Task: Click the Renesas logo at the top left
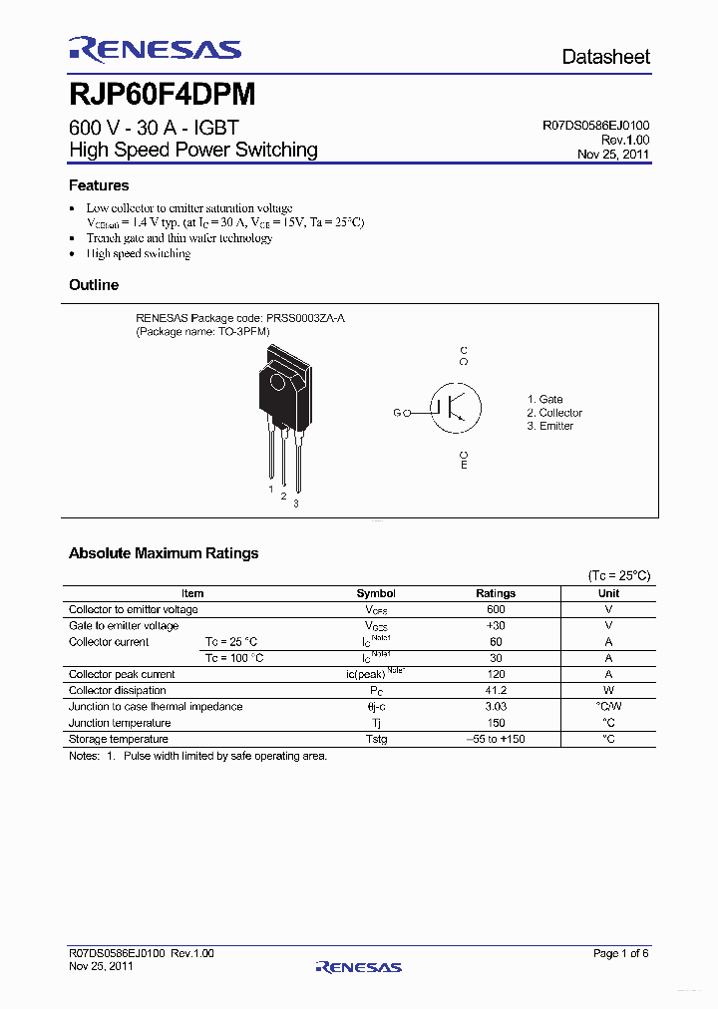(155, 49)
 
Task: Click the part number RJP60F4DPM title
(162, 95)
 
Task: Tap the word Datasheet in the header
(605, 57)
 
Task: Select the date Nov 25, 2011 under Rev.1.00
(613, 155)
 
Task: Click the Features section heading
(99, 185)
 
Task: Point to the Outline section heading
(94, 285)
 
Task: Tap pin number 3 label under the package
(295, 504)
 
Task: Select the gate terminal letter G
(397, 412)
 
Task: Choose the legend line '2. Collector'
(554, 413)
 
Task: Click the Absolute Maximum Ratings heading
(164, 553)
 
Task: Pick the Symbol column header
(376, 593)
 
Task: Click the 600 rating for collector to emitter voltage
(496, 609)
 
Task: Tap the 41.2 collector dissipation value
(496, 690)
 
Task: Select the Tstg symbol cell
(376, 739)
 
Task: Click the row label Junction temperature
(120, 723)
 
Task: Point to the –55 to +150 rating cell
(496, 739)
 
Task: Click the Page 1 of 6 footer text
(620, 954)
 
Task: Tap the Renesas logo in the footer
(358, 966)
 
